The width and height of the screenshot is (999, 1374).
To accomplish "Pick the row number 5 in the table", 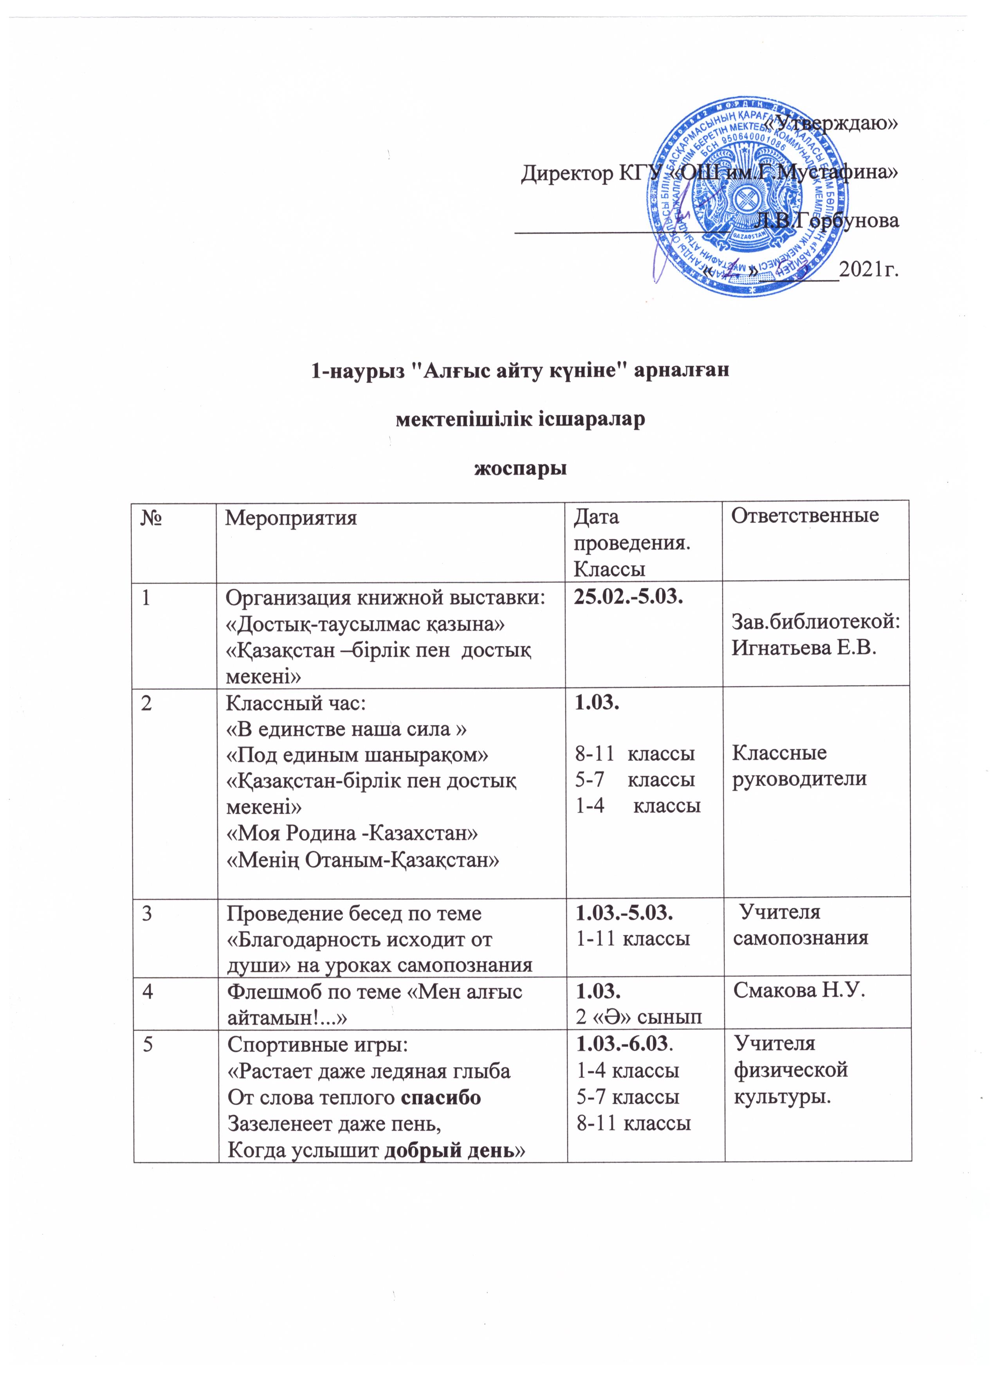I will pos(147,1044).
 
